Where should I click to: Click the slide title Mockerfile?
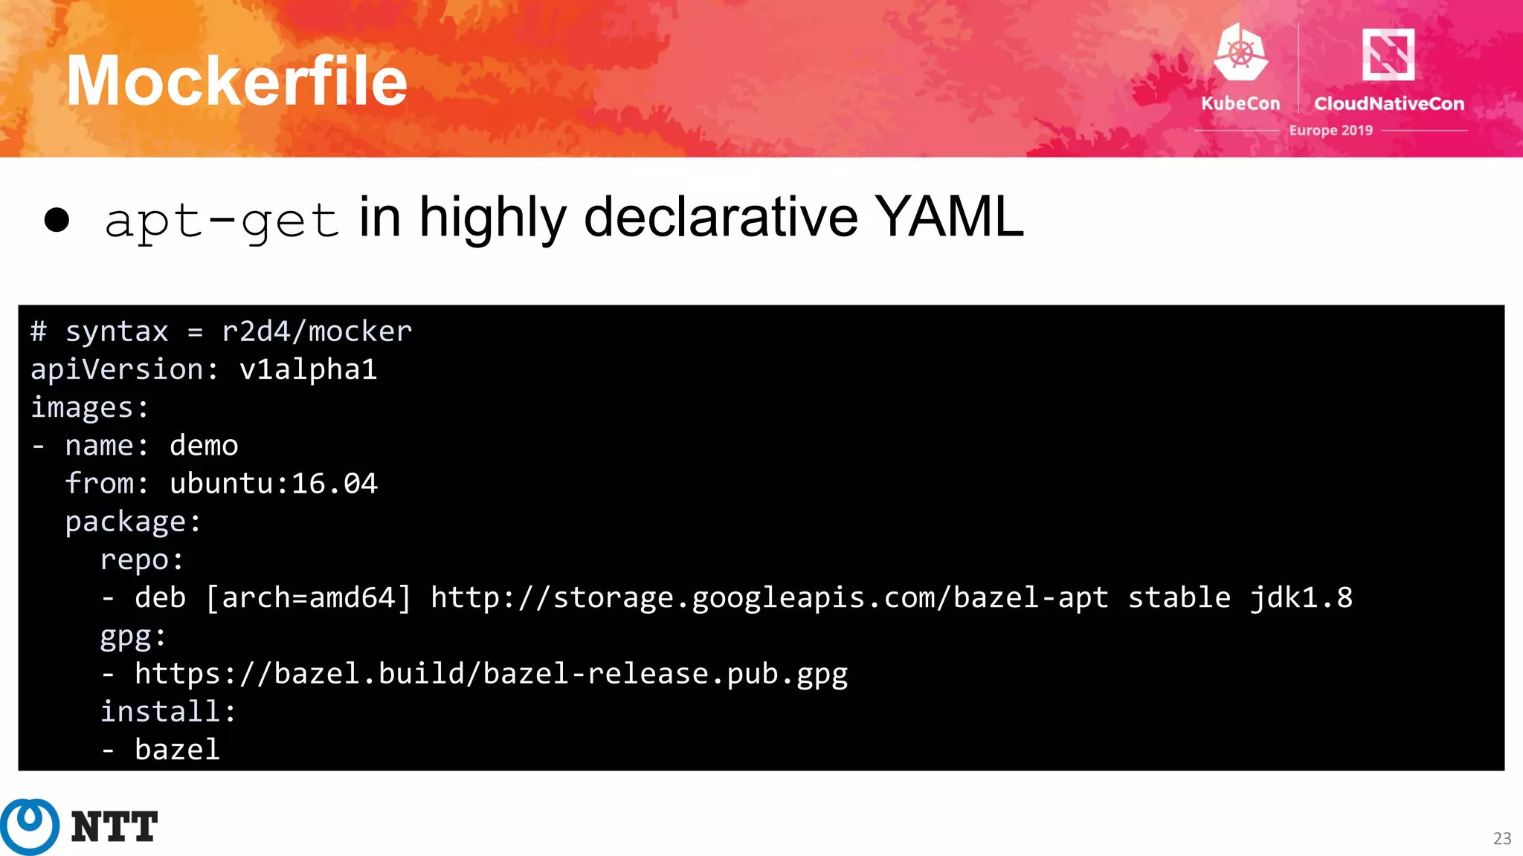click(236, 81)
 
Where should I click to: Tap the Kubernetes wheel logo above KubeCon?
click(1240, 52)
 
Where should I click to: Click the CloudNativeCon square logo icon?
click(1388, 53)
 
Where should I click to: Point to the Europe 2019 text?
click(1330, 131)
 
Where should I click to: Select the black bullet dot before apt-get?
click(57, 220)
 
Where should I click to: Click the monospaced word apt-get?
click(222, 221)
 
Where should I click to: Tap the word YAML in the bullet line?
click(948, 217)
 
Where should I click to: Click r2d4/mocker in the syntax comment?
click(317, 331)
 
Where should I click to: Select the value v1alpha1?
click(308, 369)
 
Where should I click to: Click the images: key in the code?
click(89, 407)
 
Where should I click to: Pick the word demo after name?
click(204, 445)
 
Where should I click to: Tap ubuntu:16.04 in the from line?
click(274, 484)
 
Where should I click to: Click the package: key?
click(133, 522)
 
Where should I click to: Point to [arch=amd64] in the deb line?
click(308, 597)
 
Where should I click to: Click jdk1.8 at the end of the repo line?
click(1301, 597)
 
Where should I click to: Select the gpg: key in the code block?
click(133, 636)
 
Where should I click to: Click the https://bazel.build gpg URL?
click(491, 674)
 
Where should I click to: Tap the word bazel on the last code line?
click(177, 750)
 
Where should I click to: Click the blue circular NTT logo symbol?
click(30, 826)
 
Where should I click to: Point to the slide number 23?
click(1501, 838)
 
